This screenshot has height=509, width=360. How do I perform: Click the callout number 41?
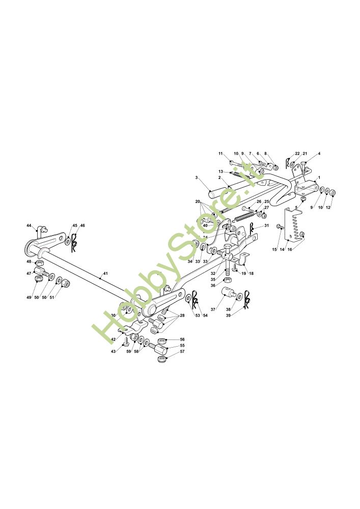(x=105, y=274)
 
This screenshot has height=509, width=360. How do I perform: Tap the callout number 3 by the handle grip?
(x=197, y=178)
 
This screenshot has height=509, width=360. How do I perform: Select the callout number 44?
(x=29, y=225)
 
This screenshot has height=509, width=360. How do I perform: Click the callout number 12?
(x=328, y=207)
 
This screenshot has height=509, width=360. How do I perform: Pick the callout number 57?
(x=182, y=352)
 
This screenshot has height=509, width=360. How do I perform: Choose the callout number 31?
(x=266, y=225)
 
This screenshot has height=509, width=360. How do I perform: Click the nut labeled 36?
(x=229, y=280)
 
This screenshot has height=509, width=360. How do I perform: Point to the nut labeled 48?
(x=40, y=263)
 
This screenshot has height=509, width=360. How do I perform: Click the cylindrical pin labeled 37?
(x=228, y=295)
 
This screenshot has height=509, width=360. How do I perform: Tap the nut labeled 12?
(x=332, y=192)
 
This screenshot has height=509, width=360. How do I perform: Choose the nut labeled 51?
(x=66, y=282)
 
